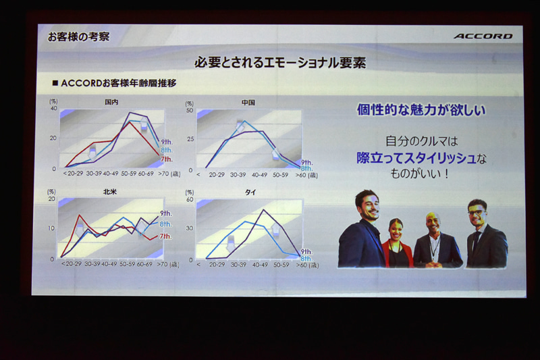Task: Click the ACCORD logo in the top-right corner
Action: click(x=483, y=36)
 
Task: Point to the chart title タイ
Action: click(x=250, y=192)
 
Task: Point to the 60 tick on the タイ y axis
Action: click(x=190, y=199)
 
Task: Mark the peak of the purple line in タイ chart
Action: click(x=262, y=210)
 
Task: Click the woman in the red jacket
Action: click(x=396, y=245)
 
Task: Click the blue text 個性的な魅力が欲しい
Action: click(x=421, y=110)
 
